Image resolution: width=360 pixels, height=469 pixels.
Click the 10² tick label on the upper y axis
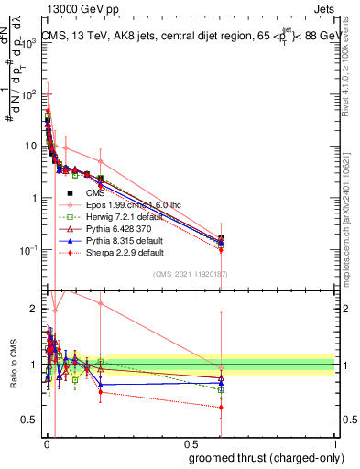[x=29, y=93]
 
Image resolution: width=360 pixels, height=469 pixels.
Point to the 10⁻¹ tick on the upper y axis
[x=29, y=250]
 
